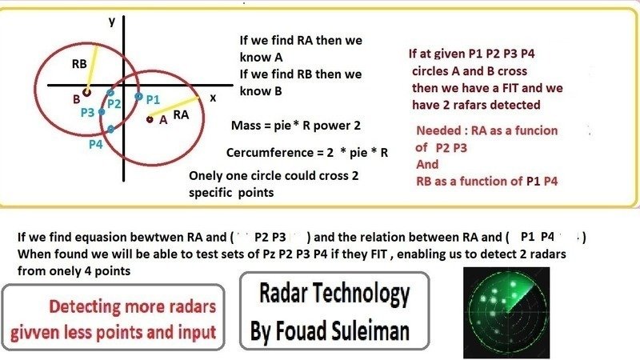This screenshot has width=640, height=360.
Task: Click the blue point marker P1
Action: [138, 97]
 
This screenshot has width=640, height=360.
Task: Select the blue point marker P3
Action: [102, 113]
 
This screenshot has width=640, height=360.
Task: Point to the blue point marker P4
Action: [109, 129]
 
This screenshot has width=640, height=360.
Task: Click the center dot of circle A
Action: [150, 119]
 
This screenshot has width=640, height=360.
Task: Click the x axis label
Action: [213, 97]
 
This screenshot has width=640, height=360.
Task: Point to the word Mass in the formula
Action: [246, 127]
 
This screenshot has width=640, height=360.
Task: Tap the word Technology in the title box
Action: [365, 294]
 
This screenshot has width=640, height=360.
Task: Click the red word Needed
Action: [438, 130]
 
